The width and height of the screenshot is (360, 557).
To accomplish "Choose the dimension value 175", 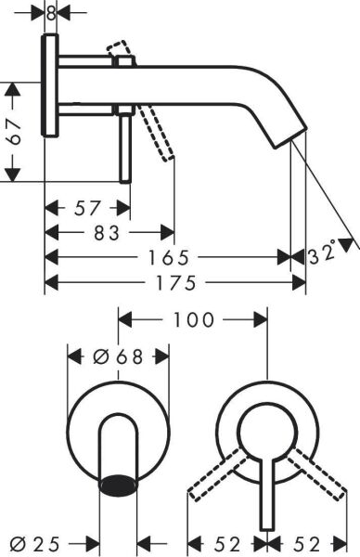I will [x=175, y=280].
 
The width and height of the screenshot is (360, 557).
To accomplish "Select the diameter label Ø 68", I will [x=118, y=356].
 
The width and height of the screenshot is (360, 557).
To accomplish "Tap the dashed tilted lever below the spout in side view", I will [x=157, y=133].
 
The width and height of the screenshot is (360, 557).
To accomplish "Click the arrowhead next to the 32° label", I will [x=348, y=243].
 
